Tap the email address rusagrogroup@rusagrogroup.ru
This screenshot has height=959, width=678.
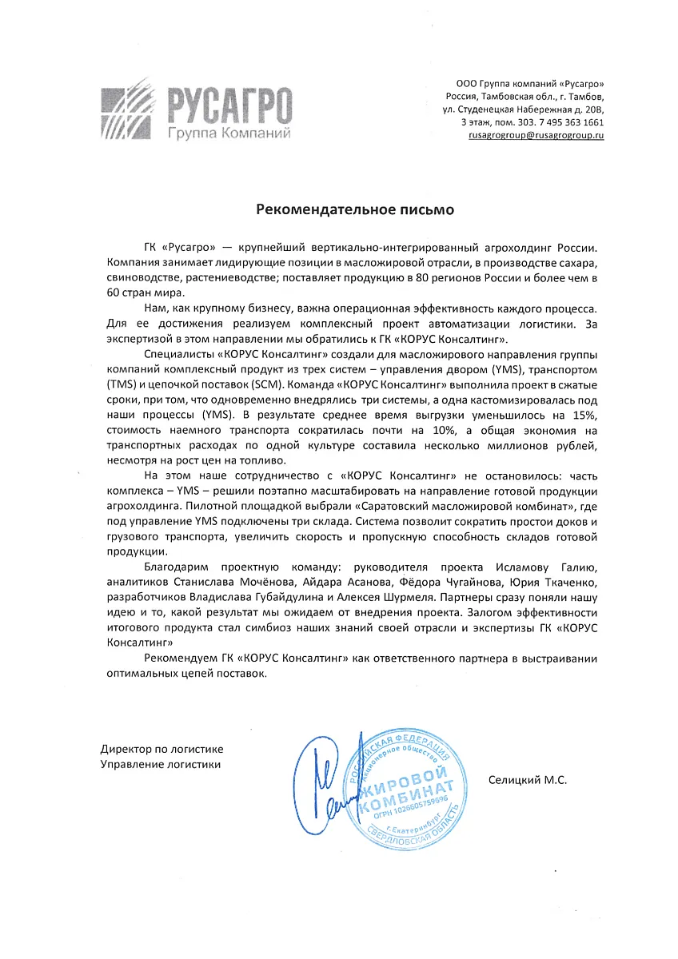(536, 137)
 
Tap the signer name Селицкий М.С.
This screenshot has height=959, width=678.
(527, 779)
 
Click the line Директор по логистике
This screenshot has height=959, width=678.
(162, 749)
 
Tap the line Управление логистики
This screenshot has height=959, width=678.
(160, 764)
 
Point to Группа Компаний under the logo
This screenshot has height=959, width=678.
(228, 132)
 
